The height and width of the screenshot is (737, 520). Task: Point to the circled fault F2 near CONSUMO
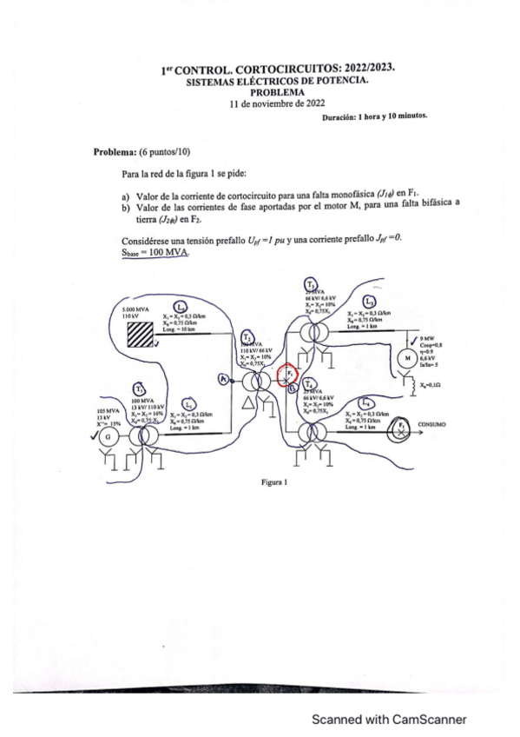[401, 427]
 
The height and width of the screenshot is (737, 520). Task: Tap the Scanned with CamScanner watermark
[390, 719]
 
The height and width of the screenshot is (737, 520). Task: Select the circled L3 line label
[371, 302]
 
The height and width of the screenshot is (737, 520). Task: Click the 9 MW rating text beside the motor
[426, 338]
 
